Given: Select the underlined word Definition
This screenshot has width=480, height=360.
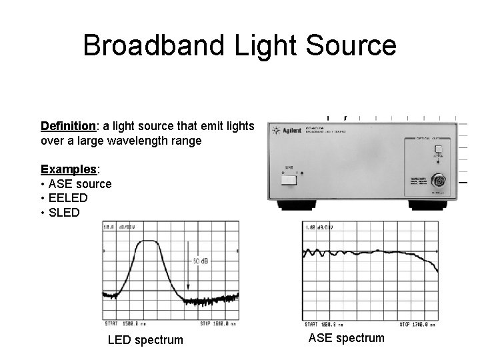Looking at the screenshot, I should (68, 126).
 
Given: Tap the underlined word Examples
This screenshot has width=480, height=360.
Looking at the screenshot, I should (67, 168).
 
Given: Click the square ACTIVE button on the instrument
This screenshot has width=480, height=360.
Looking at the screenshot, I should (439, 149).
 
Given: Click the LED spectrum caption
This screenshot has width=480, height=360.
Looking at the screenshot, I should (145, 340).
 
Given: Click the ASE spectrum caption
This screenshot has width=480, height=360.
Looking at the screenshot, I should (347, 338).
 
